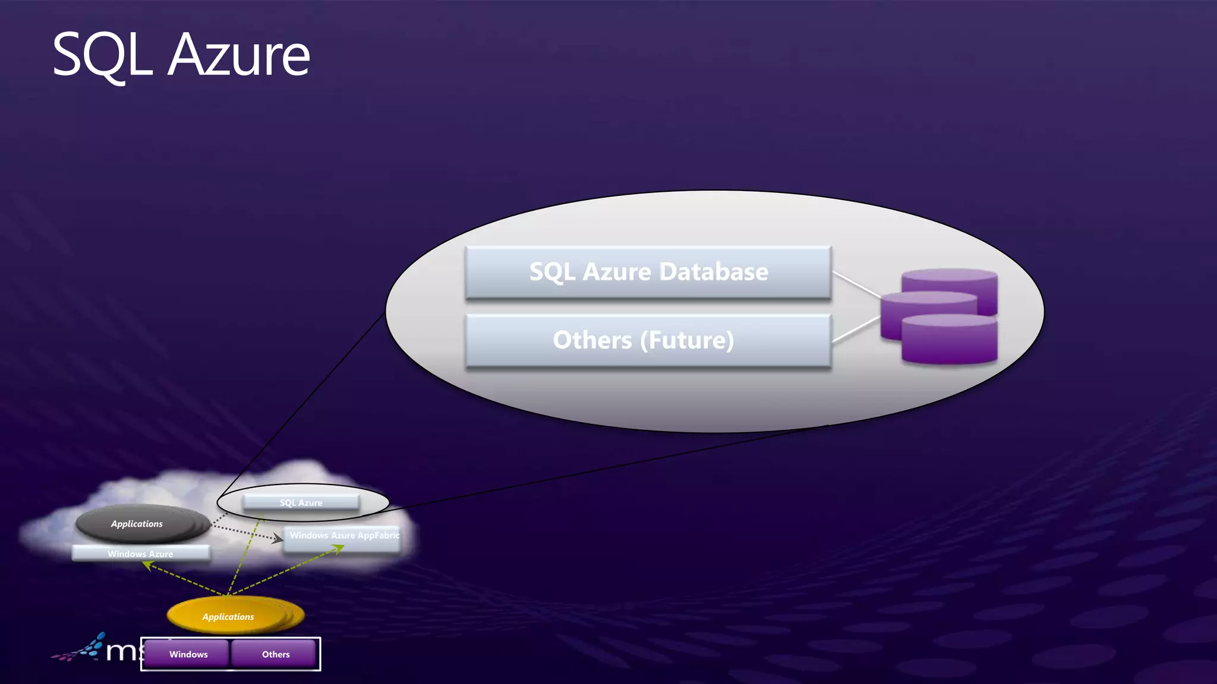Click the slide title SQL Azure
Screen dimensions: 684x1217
(181, 55)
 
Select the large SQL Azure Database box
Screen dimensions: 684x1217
(648, 273)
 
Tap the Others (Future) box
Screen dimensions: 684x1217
(648, 341)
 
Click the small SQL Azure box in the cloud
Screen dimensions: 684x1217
(301, 502)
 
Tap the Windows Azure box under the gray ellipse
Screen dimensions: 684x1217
(140, 553)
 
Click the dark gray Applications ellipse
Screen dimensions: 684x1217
(138, 523)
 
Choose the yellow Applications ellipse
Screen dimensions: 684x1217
(229, 616)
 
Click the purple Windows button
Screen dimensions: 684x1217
(188, 654)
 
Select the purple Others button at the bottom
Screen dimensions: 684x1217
(275, 654)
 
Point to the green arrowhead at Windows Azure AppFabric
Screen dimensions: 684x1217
(339, 549)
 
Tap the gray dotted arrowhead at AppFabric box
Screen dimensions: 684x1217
(278, 539)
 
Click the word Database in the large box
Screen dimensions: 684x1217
(714, 272)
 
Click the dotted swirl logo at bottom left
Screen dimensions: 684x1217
(80, 649)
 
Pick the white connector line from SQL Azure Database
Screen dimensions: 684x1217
(856, 284)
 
